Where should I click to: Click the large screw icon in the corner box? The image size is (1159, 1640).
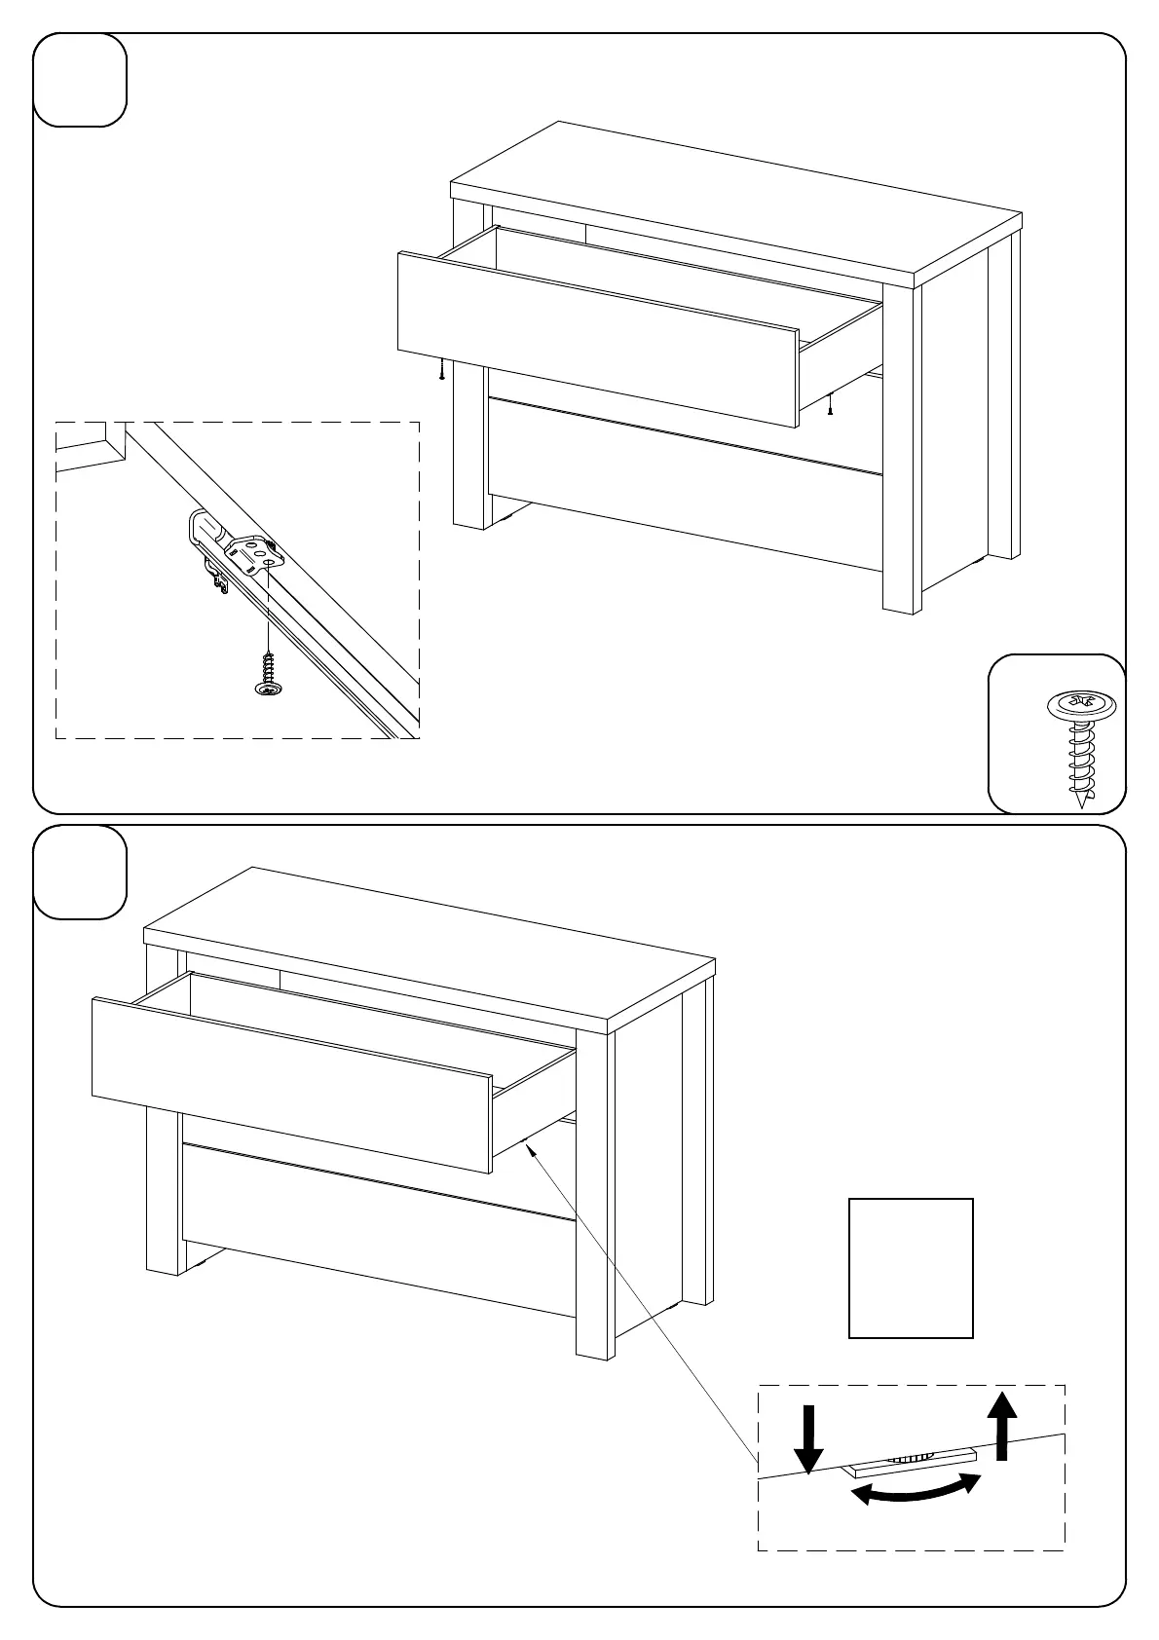[1077, 746]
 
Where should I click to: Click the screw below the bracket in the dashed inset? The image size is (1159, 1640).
[266, 674]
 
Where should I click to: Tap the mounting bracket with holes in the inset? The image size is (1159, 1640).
[256, 554]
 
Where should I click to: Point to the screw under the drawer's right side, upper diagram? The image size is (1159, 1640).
[829, 403]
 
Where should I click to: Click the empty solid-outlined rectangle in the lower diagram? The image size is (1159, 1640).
[911, 1268]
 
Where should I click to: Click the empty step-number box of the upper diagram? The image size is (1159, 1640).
[81, 80]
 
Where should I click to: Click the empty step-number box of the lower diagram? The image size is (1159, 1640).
[81, 872]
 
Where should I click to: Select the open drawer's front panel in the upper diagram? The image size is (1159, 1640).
[598, 339]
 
